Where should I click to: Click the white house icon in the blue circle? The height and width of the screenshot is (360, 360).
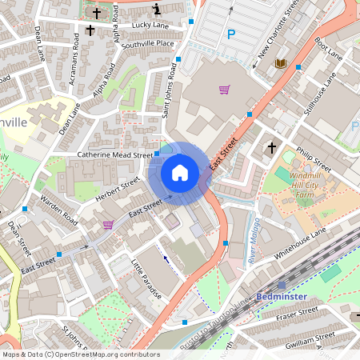pyautogui.click(x=180, y=172)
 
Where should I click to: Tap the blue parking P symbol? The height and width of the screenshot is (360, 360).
pyautogui.click(x=231, y=34)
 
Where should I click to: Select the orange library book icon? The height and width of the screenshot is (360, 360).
pyautogui.click(x=280, y=63)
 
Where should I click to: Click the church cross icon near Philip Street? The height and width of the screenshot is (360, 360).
pyautogui.click(x=272, y=147)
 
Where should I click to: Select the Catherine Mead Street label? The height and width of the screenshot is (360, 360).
pyautogui.click(x=114, y=154)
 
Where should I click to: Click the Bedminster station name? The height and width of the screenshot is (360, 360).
pyautogui.click(x=282, y=297)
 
